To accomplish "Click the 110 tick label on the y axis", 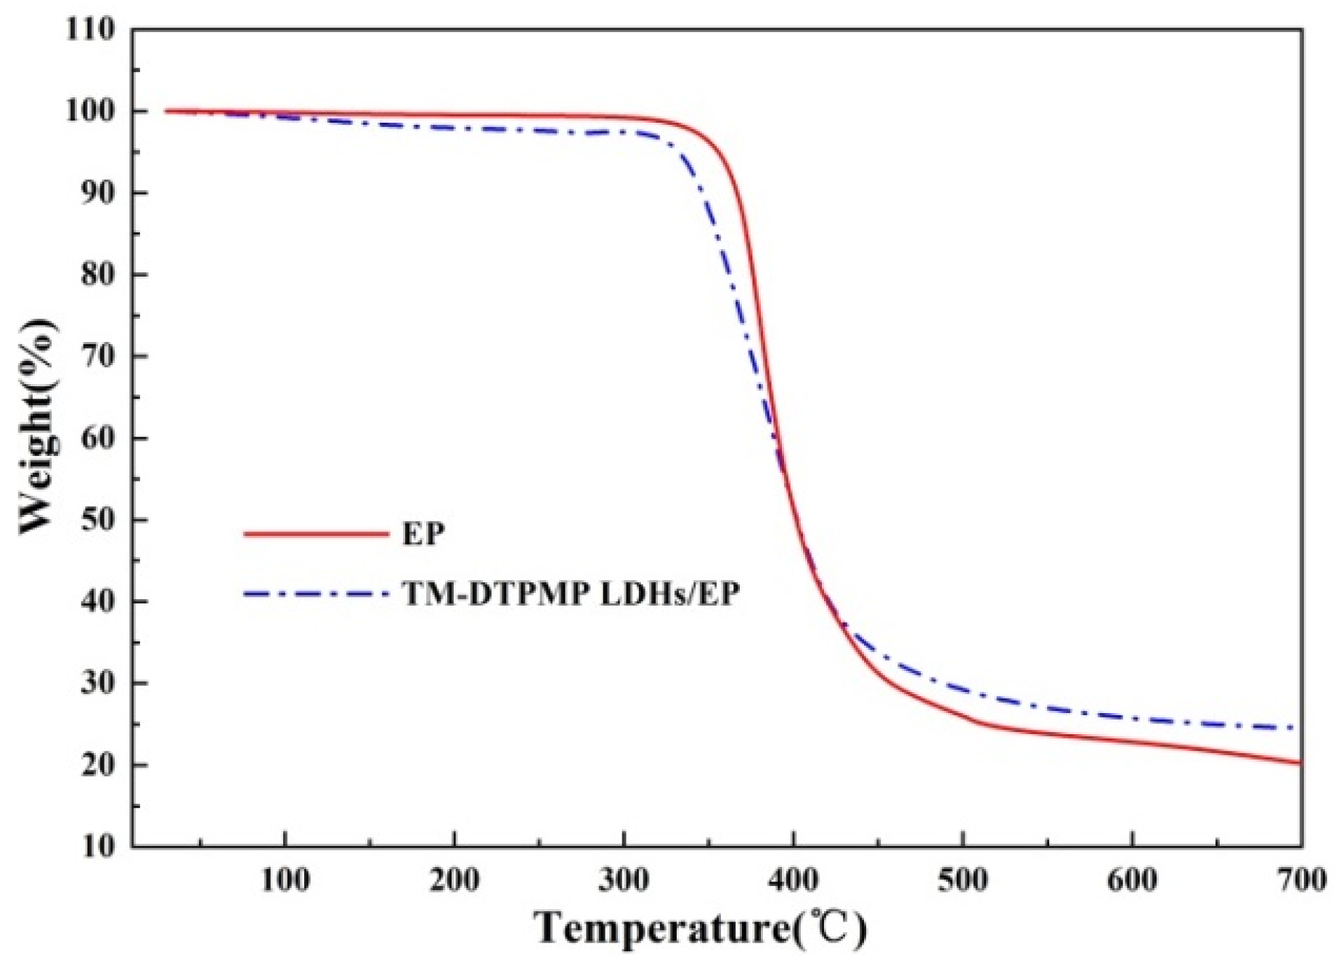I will [x=90, y=30].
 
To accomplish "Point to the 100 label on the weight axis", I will [x=90, y=111].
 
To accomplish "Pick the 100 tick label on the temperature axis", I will [x=285, y=881].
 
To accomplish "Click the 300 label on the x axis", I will [x=624, y=881].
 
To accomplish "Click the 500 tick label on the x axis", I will [x=963, y=881].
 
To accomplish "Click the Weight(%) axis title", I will [x=38, y=427].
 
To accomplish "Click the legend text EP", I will [x=423, y=534].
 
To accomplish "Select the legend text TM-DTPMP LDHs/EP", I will [x=571, y=595].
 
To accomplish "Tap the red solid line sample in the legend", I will [x=317, y=534].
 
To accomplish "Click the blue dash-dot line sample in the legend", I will [x=317, y=595].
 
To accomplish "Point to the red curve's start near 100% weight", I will [x=166, y=111].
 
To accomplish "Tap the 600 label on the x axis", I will [x=1132, y=881].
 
